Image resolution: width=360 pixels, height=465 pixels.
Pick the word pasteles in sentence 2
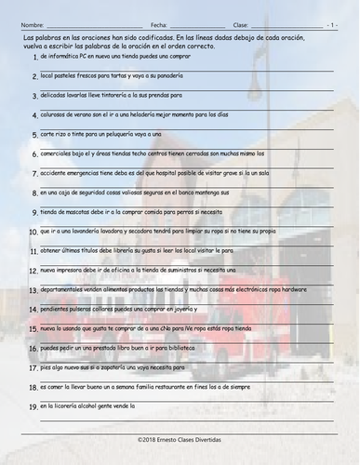pos(69,78)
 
